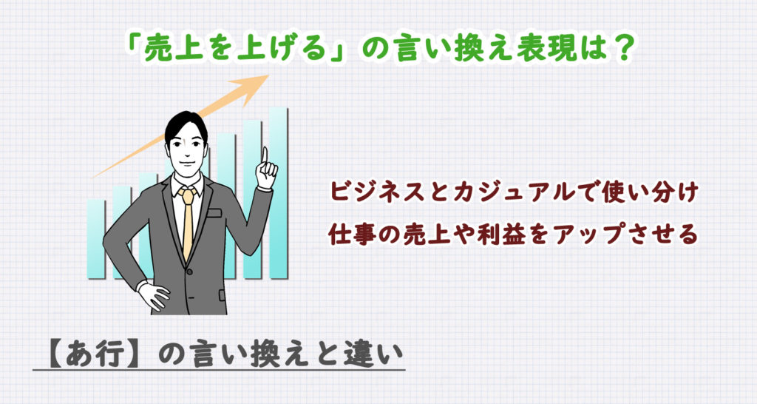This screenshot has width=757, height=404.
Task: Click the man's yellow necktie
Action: coord(188,222)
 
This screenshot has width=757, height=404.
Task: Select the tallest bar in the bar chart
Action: coord(278,192)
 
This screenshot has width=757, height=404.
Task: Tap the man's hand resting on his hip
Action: coord(153,295)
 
